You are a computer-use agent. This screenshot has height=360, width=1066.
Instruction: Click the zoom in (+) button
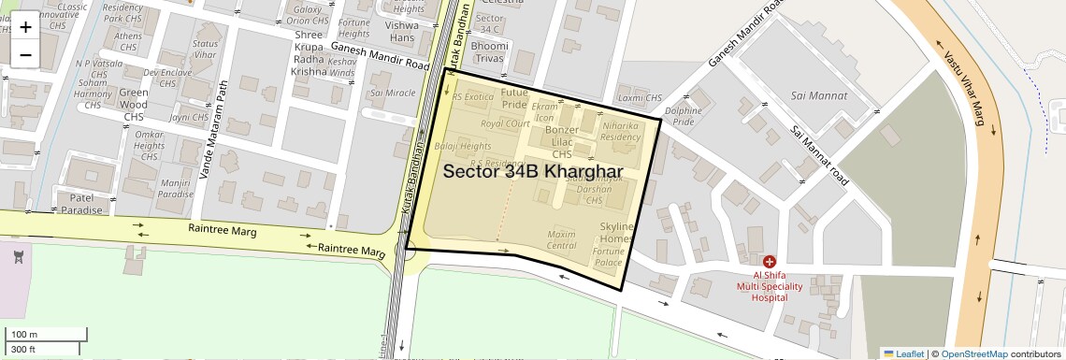coord(25,27)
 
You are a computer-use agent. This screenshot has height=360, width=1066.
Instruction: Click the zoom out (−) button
coord(25,55)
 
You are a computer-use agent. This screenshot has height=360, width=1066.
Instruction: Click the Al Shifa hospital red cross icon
coord(769,263)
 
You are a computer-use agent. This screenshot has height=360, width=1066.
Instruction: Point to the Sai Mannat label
coord(818,95)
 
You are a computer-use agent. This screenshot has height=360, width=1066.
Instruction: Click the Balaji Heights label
coord(463,147)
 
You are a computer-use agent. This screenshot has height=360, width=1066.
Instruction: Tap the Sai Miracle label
coord(393,94)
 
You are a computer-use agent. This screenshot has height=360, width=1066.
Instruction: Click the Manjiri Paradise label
coord(175,189)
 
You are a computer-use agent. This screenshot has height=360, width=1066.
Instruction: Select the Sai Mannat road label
coord(819,155)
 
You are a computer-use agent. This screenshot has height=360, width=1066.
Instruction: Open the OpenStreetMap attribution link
coord(973,353)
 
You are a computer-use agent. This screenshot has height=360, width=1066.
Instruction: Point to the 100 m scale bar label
coord(24,335)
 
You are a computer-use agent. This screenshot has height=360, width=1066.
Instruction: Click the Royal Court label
coord(505,123)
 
